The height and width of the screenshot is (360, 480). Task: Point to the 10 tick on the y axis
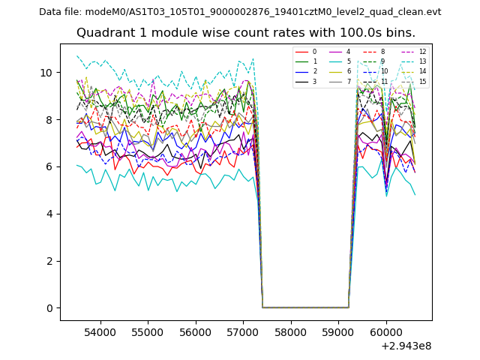(x=46, y=73)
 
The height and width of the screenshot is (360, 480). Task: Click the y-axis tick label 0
(x=49, y=308)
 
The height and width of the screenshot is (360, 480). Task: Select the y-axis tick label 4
(x=49, y=214)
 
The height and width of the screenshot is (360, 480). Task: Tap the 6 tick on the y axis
(x=49, y=166)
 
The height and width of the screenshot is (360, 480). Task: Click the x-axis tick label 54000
(x=99, y=331)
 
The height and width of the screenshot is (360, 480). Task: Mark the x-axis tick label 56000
(x=195, y=331)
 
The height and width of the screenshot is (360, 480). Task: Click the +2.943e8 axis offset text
(x=406, y=346)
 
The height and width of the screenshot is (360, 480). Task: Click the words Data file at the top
(x=60, y=12)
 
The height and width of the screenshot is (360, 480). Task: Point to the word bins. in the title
(x=400, y=33)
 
